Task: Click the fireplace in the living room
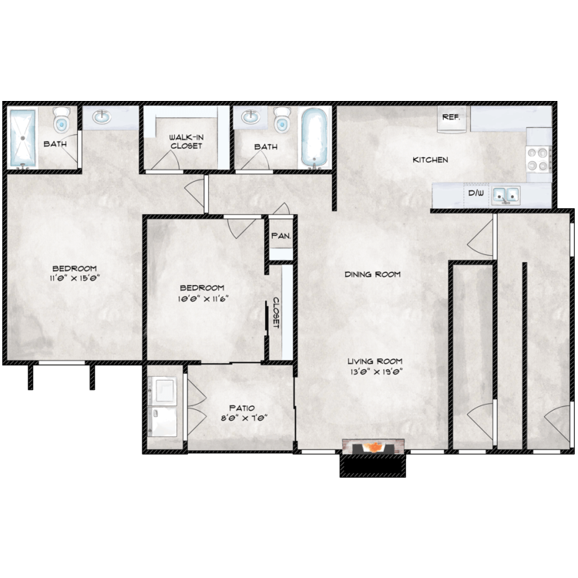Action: coord(373,448)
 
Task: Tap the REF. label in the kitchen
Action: coord(451,117)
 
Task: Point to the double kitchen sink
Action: coord(506,195)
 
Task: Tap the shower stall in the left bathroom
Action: coord(22,137)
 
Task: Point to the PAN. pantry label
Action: coord(281,236)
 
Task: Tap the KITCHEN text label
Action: coord(430,160)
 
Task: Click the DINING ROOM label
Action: coord(373,274)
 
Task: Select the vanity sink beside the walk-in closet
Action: coord(100,118)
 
